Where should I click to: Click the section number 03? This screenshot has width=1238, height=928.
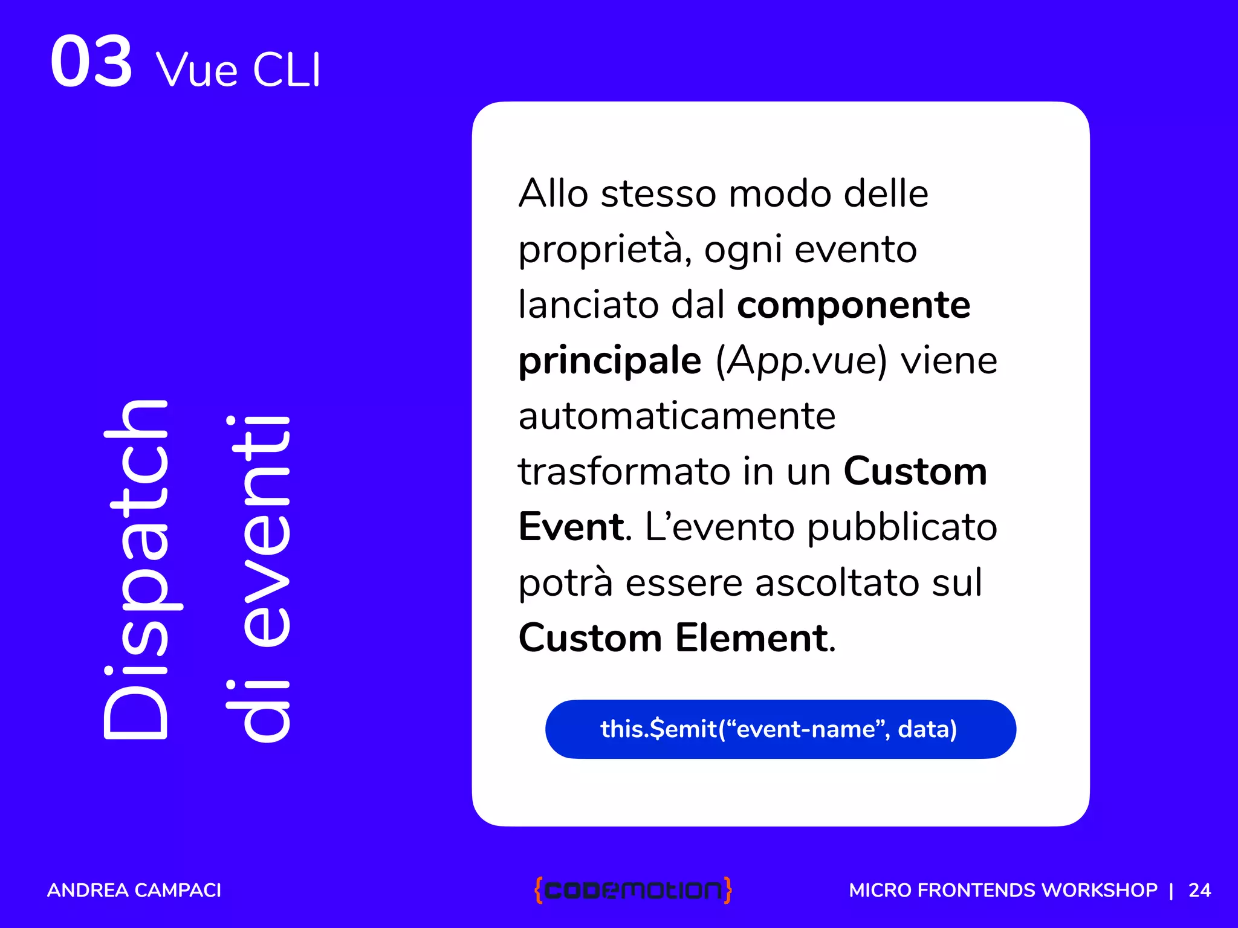(91, 62)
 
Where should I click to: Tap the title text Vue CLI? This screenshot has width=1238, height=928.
(238, 70)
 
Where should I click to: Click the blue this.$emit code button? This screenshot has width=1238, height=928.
(780, 729)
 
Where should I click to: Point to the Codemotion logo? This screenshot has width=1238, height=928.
(633, 890)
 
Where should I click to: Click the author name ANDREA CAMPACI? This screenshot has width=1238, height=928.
(134, 890)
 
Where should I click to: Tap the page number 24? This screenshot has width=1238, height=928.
(1199, 890)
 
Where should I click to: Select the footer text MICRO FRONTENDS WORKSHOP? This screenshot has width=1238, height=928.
(1003, 890)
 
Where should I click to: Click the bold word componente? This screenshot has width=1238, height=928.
(854, 305)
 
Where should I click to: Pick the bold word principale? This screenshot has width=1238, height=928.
(610, 361)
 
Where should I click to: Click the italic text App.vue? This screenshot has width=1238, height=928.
(802, 361)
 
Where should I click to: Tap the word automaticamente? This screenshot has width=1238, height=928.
(677, 416)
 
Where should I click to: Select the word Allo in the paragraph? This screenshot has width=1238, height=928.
(553, 194)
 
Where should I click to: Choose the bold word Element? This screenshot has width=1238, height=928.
(752, 638)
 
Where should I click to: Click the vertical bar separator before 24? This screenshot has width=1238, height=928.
(1172, 890)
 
